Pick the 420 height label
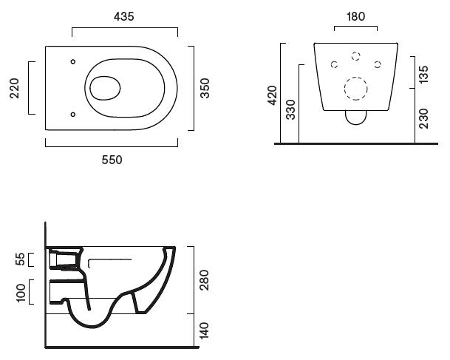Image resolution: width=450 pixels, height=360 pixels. (x=272, y=95)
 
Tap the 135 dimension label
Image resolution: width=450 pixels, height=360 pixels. (x=423, y=75)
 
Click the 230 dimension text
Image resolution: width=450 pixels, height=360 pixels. (x=423, y=117)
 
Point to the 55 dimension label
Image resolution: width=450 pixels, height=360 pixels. (x=20, y=259)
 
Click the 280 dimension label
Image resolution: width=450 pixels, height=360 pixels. (x=205, y=279)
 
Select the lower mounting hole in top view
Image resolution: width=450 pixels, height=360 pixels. (x=72, y=114)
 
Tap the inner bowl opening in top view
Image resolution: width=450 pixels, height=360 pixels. (x=105, y=87)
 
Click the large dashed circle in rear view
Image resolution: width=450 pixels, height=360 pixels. (x=357, y=88)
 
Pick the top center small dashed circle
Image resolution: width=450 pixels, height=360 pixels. (x=356, y=55)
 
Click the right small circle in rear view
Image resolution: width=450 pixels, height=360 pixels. (x=378, y=64)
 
